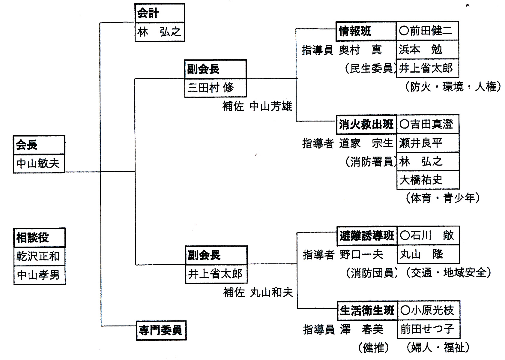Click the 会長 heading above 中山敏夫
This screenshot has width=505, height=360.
39,145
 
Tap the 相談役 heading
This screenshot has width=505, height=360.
39,238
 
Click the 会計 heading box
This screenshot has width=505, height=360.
160,13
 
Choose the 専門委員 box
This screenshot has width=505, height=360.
161,330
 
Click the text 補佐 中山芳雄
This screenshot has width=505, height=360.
257,106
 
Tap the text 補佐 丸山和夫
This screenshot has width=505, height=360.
258,292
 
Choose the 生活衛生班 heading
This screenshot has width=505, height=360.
367,311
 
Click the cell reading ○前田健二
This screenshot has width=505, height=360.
427,31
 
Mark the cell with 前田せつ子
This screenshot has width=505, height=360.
428,329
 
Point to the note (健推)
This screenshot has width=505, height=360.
374,347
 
